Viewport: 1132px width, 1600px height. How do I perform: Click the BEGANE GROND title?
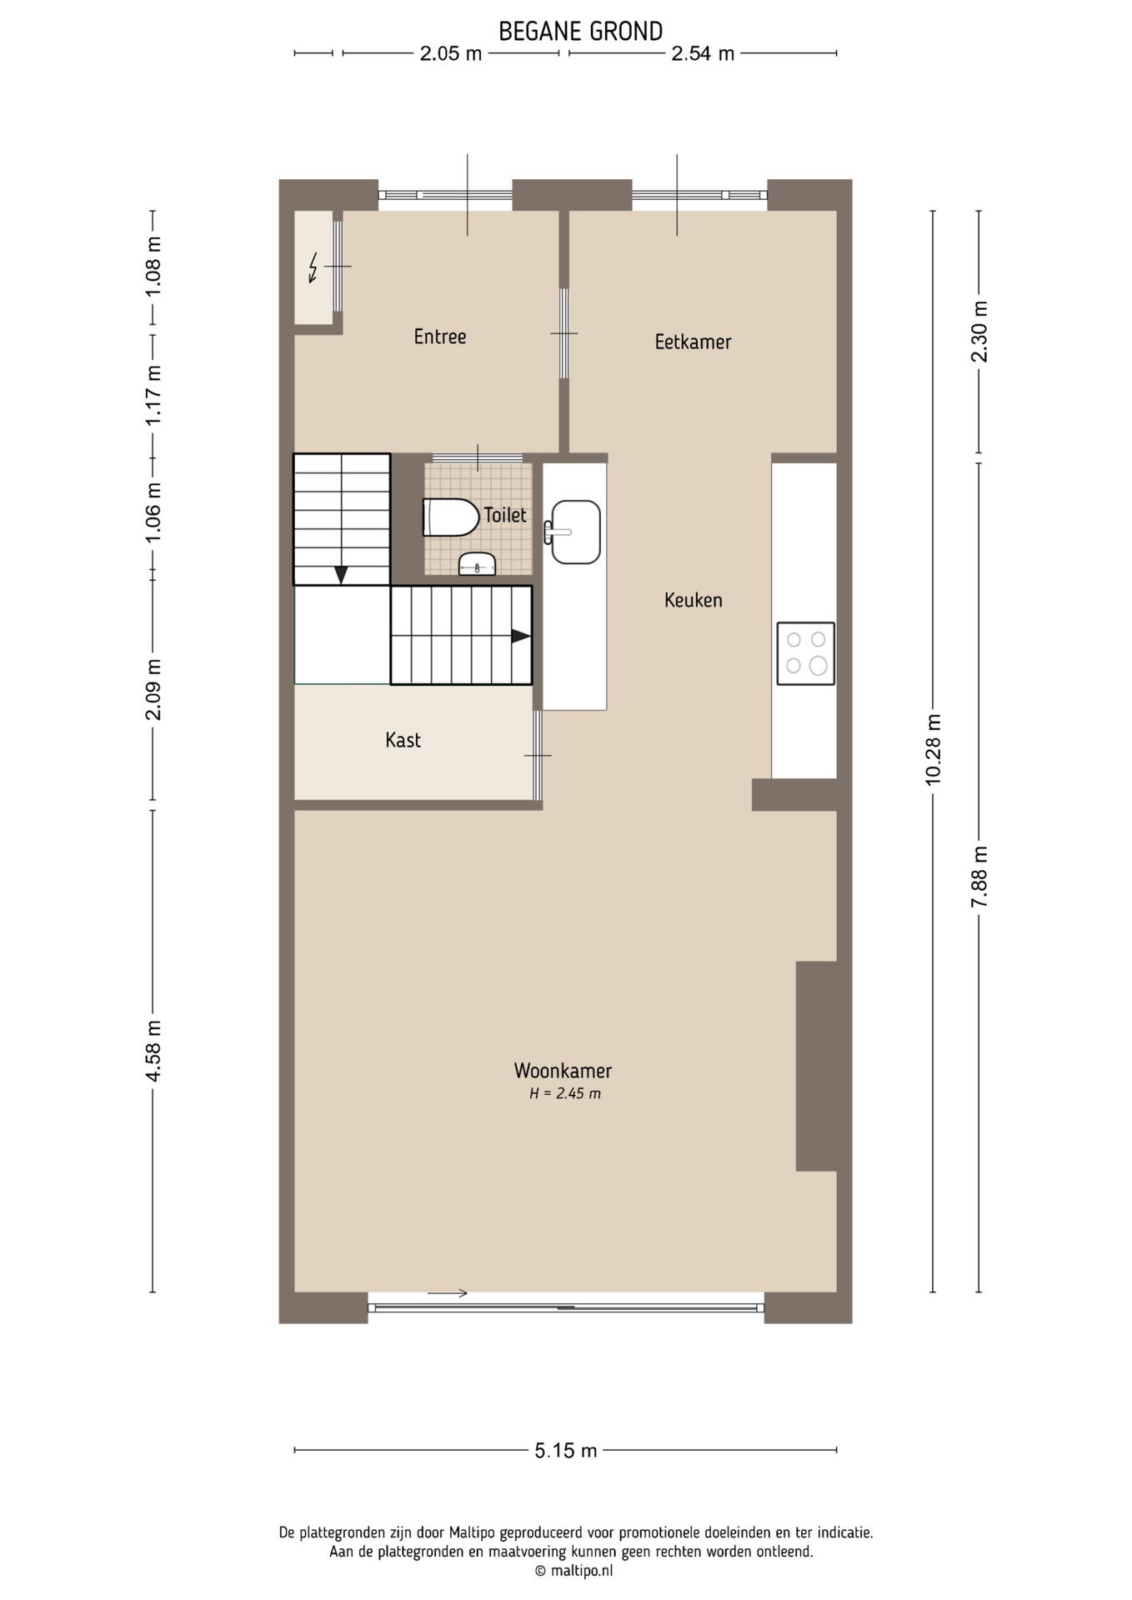point(580,31)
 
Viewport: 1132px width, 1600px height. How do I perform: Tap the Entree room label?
point(440,337)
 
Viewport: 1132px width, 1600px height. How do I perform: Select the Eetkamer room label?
point(693,342)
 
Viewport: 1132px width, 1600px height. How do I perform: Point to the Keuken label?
point(693,600)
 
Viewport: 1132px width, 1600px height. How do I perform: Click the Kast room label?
point(403,740)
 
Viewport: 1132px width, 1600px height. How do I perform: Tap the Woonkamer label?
point(563,1071)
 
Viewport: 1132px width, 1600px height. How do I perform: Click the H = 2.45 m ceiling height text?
point(565,1094)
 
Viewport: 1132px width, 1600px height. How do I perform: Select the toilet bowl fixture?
point(451,517)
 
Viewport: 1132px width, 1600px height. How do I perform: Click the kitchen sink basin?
point(575,532)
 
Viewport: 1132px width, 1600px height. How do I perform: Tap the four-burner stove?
point(805,653)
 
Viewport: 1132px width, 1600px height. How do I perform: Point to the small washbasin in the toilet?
point(477,564)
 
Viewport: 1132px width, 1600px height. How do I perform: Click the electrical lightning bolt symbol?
point(313,267)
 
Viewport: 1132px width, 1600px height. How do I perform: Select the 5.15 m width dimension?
point(566,1451)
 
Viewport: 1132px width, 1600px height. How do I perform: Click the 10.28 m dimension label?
point(933,749)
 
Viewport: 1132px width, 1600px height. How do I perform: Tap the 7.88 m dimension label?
point(979,877)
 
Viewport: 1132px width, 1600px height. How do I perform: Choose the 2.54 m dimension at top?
point(703,53)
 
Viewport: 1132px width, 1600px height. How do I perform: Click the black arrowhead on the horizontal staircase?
point(521,636)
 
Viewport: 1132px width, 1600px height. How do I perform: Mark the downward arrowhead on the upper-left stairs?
point(341,575)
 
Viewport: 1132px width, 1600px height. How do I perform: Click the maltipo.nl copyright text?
point(574,1571)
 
